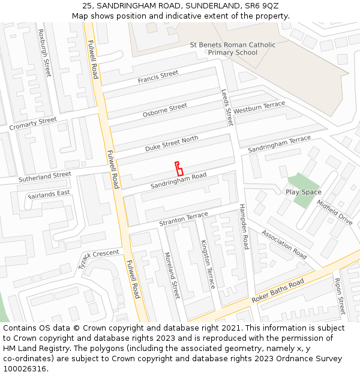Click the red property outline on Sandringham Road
(x=179, y=169)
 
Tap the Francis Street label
(x=158, y=77)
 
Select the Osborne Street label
(x=165, y=110)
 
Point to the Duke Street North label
(x=172, y=143)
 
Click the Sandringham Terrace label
(x=280, y=143)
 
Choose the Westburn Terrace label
(x=259, y=108)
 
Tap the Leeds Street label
(x=226, y=107)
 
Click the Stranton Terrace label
(x=184, y=219)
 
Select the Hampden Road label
(x=244, y=226)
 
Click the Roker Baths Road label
(x=278, y=291)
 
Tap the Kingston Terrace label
(x=208, y=264)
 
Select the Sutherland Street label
(x=44, y=177)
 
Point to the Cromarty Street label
(x=33, y=124)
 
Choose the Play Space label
(x=304, y=192)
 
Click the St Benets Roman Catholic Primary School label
(x=233, y=49)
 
